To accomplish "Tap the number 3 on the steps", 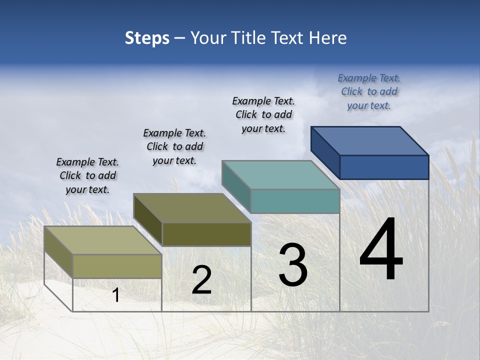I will [293, 265].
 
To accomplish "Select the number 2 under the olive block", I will [201, 280].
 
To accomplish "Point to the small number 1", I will [116, 295].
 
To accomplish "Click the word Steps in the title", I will [147, 38].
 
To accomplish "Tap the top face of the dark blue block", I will [370, 141].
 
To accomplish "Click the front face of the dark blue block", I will [384, 167].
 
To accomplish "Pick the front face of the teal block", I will [295, 201].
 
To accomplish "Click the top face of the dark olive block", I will [192, 208].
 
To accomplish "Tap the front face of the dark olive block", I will [206, 234].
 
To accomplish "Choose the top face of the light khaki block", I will [103, 240].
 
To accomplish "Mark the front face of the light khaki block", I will [117, 266].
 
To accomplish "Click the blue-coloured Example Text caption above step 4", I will [369, 91].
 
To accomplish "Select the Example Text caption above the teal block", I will [263, 114].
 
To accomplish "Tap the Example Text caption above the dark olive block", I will [174, 146].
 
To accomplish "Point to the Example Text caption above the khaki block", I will [87, 175].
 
